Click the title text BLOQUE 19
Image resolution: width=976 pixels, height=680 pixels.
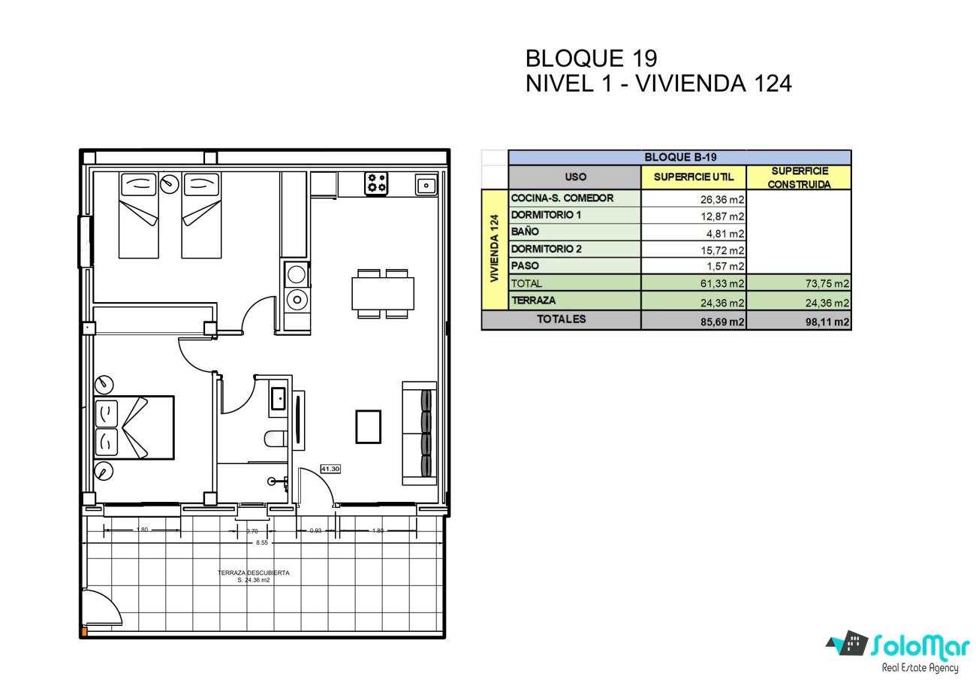[591, 59]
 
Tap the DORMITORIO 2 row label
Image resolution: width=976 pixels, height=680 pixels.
[546, 249]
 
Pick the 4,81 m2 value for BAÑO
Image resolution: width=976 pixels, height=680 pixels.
[725, 234]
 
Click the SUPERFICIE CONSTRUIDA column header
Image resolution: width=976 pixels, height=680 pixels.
[800, 177]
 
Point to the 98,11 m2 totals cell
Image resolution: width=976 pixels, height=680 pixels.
[827, 322]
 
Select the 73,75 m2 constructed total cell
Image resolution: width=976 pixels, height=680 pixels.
[827, 283]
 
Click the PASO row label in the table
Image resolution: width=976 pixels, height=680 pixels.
[525, 266]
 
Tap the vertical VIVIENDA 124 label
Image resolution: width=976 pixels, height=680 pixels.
[494, 248]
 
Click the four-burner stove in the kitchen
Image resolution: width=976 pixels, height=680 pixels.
[376, 183]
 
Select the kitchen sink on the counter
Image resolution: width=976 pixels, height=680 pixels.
[426, 186]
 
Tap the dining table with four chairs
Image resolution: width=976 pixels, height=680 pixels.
[383, 294]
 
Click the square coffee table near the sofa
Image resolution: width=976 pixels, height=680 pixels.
[368, 427]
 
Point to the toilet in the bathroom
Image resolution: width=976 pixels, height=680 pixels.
[276, 439]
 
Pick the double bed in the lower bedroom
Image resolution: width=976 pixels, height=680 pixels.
[134, 428]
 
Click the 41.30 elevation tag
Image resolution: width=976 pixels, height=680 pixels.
[330, 469]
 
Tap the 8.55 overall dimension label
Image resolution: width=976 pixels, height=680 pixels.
[262, 542]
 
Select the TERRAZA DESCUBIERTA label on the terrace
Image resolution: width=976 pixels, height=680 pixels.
[254, 573]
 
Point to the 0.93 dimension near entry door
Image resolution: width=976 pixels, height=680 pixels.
[315, 530]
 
